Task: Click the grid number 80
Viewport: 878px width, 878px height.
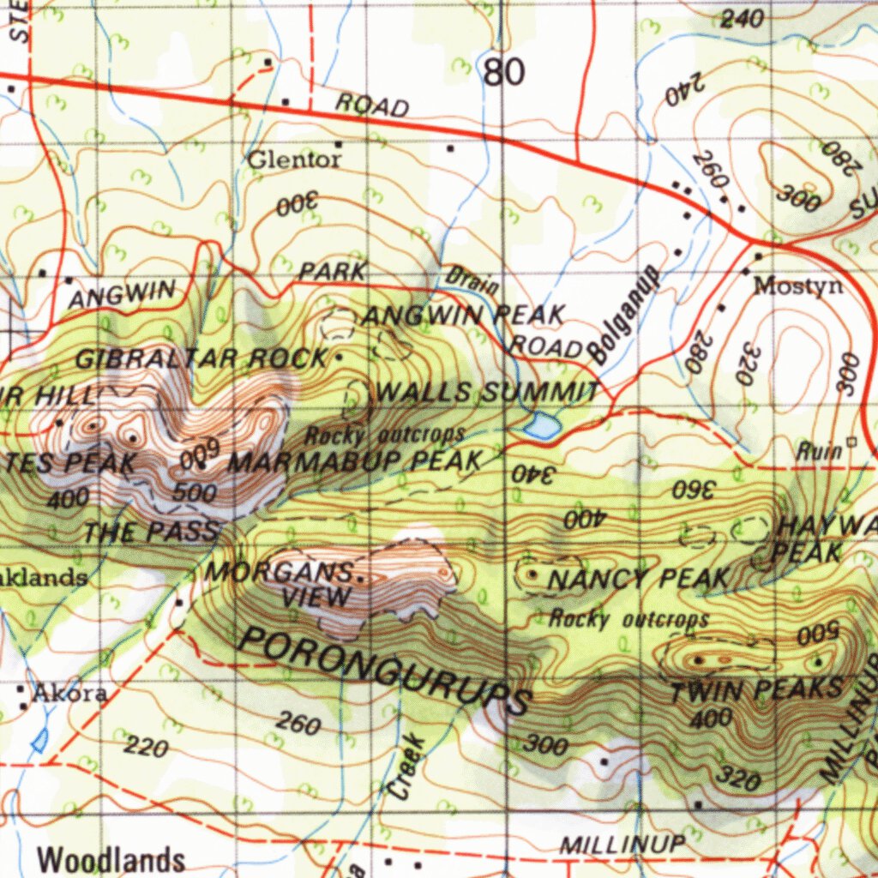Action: coord(504,73)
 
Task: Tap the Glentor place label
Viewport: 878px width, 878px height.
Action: coord(294,159)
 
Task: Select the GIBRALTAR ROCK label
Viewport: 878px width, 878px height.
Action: coord(201,358)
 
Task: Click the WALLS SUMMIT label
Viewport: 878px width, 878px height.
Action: coord(488,394)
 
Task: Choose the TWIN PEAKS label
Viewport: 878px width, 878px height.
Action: coord(755,689)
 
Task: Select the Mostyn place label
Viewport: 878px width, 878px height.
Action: coord(797,286)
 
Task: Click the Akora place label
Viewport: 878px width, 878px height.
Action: coord(69,694)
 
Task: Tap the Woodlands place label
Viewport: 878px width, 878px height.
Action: coord(111,859)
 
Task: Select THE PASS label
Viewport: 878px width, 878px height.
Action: coord(152,532)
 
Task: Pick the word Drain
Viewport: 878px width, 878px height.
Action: coord(472,280)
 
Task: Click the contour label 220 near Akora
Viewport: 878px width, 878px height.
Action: coord(146,748)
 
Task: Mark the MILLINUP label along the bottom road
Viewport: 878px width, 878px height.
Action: coord(622,844)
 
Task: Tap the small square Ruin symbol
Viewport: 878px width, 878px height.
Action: coord(851,442)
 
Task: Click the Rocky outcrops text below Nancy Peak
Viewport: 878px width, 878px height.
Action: coord(629,618)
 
